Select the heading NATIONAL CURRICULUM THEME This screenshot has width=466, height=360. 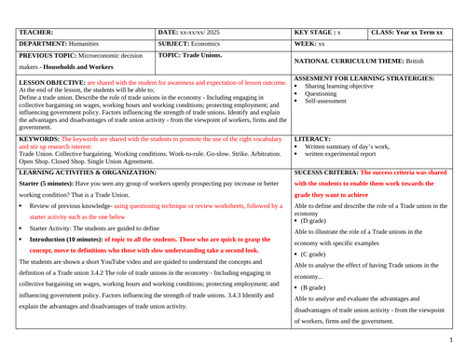[358, 62]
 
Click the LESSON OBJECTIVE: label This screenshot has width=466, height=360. [49, 82]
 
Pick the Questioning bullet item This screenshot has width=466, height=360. [322, 94]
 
